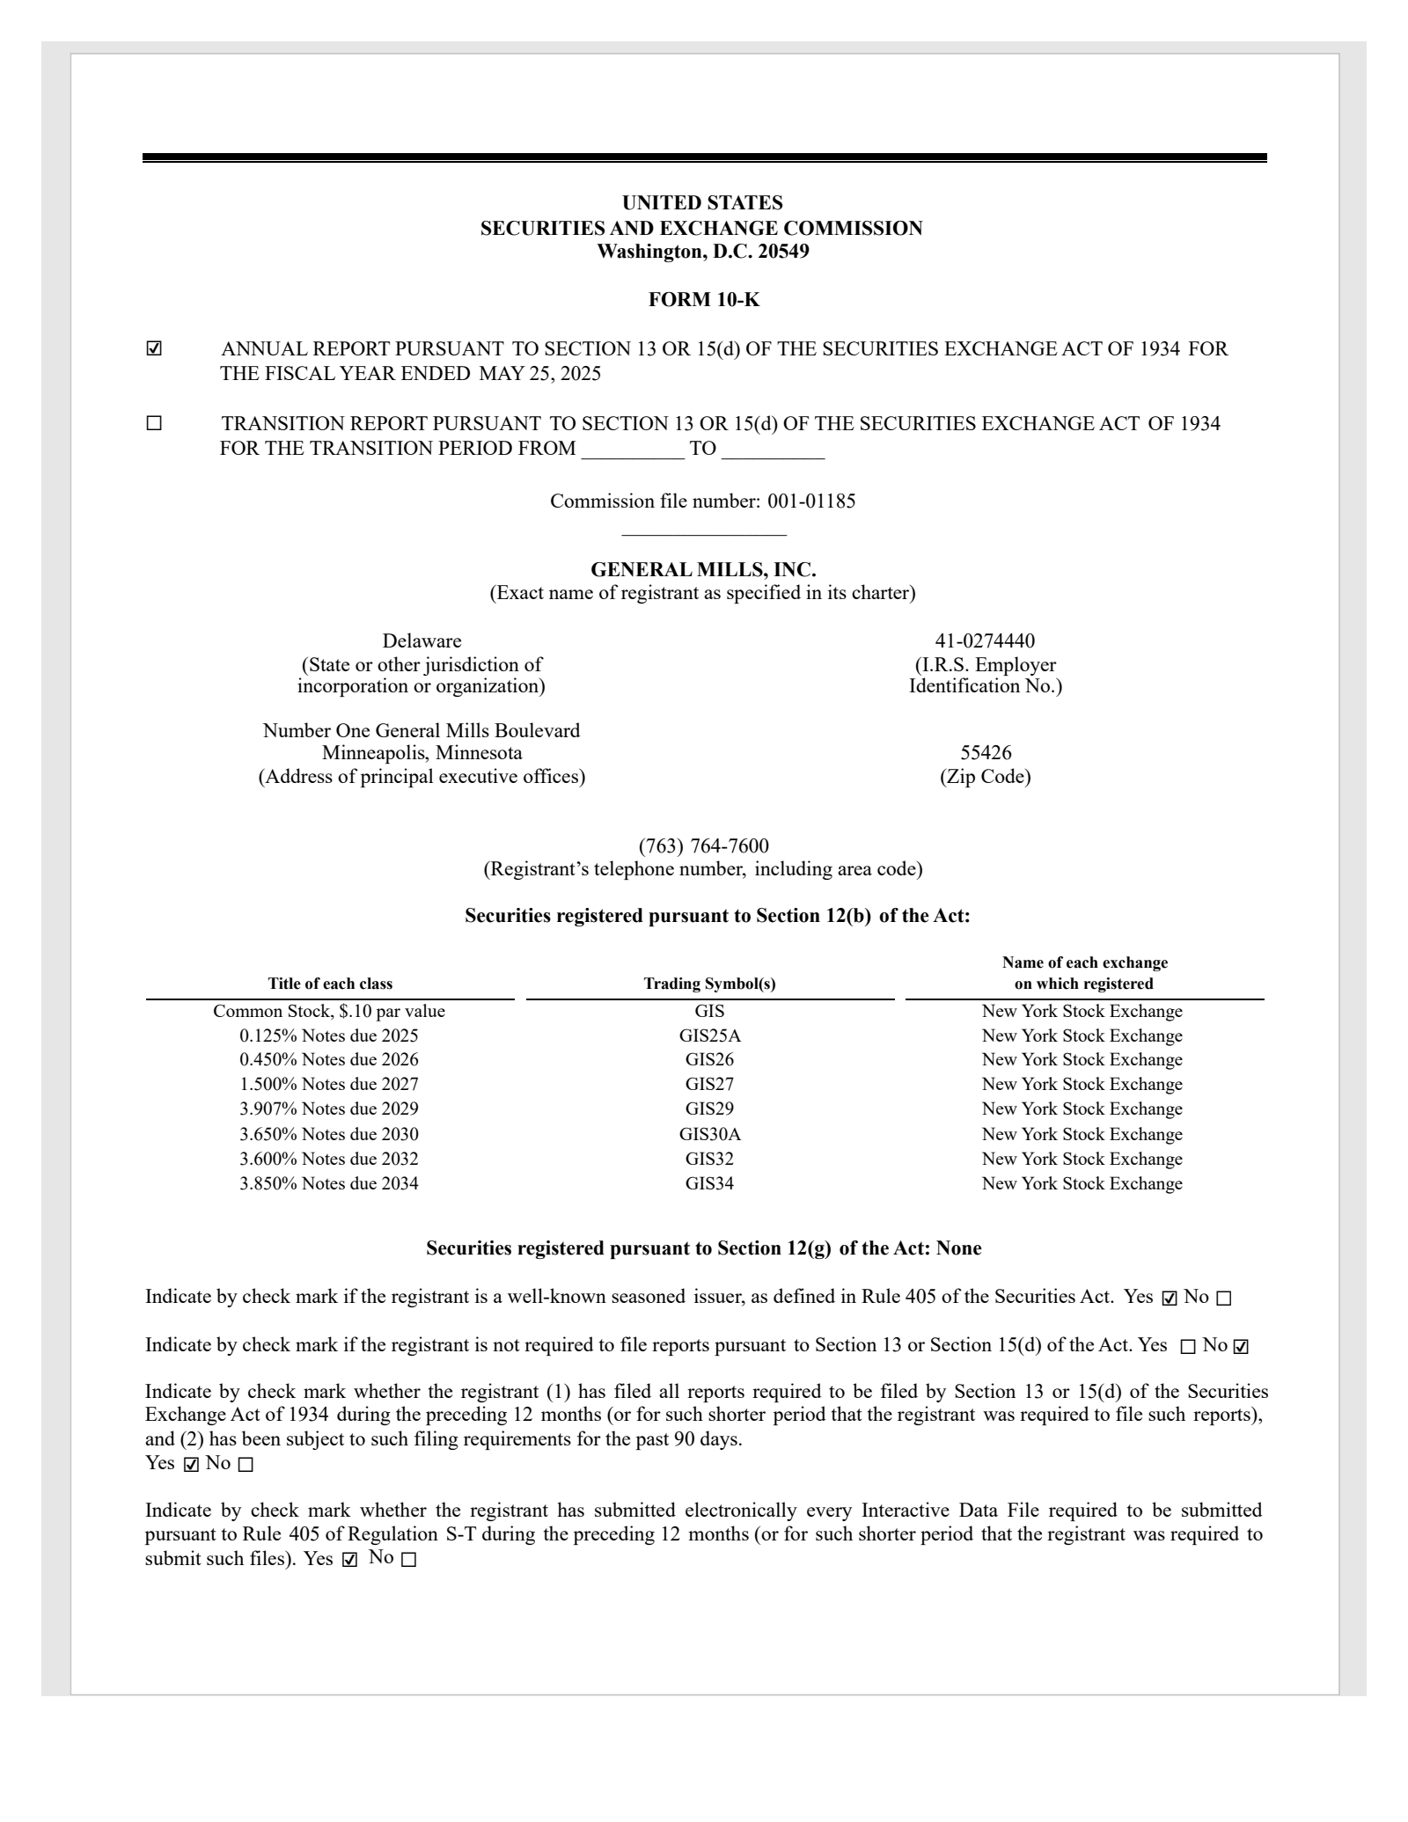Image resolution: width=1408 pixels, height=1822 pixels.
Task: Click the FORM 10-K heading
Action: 703,300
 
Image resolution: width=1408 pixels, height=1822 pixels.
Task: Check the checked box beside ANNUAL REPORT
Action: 154,349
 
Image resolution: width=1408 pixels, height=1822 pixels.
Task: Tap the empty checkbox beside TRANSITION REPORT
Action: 154,424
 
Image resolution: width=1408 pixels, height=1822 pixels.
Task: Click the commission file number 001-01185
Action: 810,501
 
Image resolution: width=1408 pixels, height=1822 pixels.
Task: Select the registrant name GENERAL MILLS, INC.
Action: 703,569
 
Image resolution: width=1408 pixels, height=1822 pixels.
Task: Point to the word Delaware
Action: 422,640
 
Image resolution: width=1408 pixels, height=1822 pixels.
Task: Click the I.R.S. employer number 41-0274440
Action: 985,640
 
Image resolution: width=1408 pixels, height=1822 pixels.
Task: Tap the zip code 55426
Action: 985,753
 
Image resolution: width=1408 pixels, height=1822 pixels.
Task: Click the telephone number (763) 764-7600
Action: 703,846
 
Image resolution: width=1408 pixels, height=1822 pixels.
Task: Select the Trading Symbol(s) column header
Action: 709,984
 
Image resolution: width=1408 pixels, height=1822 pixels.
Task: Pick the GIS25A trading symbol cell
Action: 709,1035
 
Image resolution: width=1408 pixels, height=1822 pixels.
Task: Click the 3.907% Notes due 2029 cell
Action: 329,1109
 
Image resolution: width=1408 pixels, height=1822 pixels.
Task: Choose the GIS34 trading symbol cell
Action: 709,1183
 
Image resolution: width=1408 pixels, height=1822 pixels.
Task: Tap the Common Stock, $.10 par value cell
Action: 329,1011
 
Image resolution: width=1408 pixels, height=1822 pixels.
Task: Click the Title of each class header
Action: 330,984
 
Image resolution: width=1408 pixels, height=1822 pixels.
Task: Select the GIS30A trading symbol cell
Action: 709,1134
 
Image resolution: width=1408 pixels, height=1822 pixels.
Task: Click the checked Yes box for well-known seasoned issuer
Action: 1170,1299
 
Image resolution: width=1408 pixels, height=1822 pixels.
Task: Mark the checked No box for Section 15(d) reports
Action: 1241,1347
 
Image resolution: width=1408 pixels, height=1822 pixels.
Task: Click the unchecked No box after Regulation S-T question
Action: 407,1560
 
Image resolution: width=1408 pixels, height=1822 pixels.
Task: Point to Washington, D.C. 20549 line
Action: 703,252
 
